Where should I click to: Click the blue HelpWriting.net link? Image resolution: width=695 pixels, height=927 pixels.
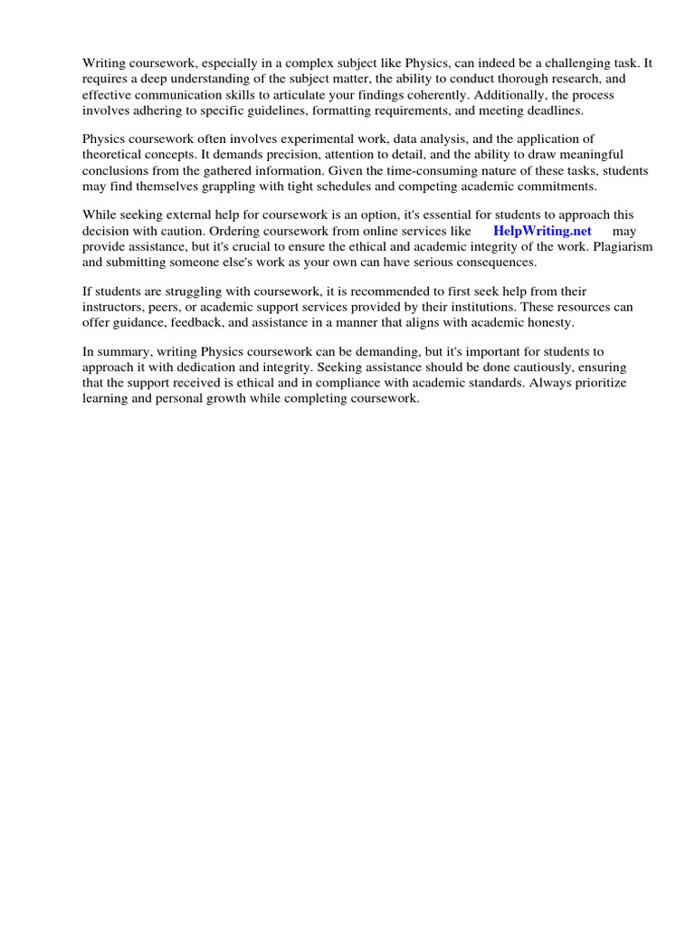click(x=542, y=231)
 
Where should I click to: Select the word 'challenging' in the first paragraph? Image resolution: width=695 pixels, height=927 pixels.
click(x=560, y=63)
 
